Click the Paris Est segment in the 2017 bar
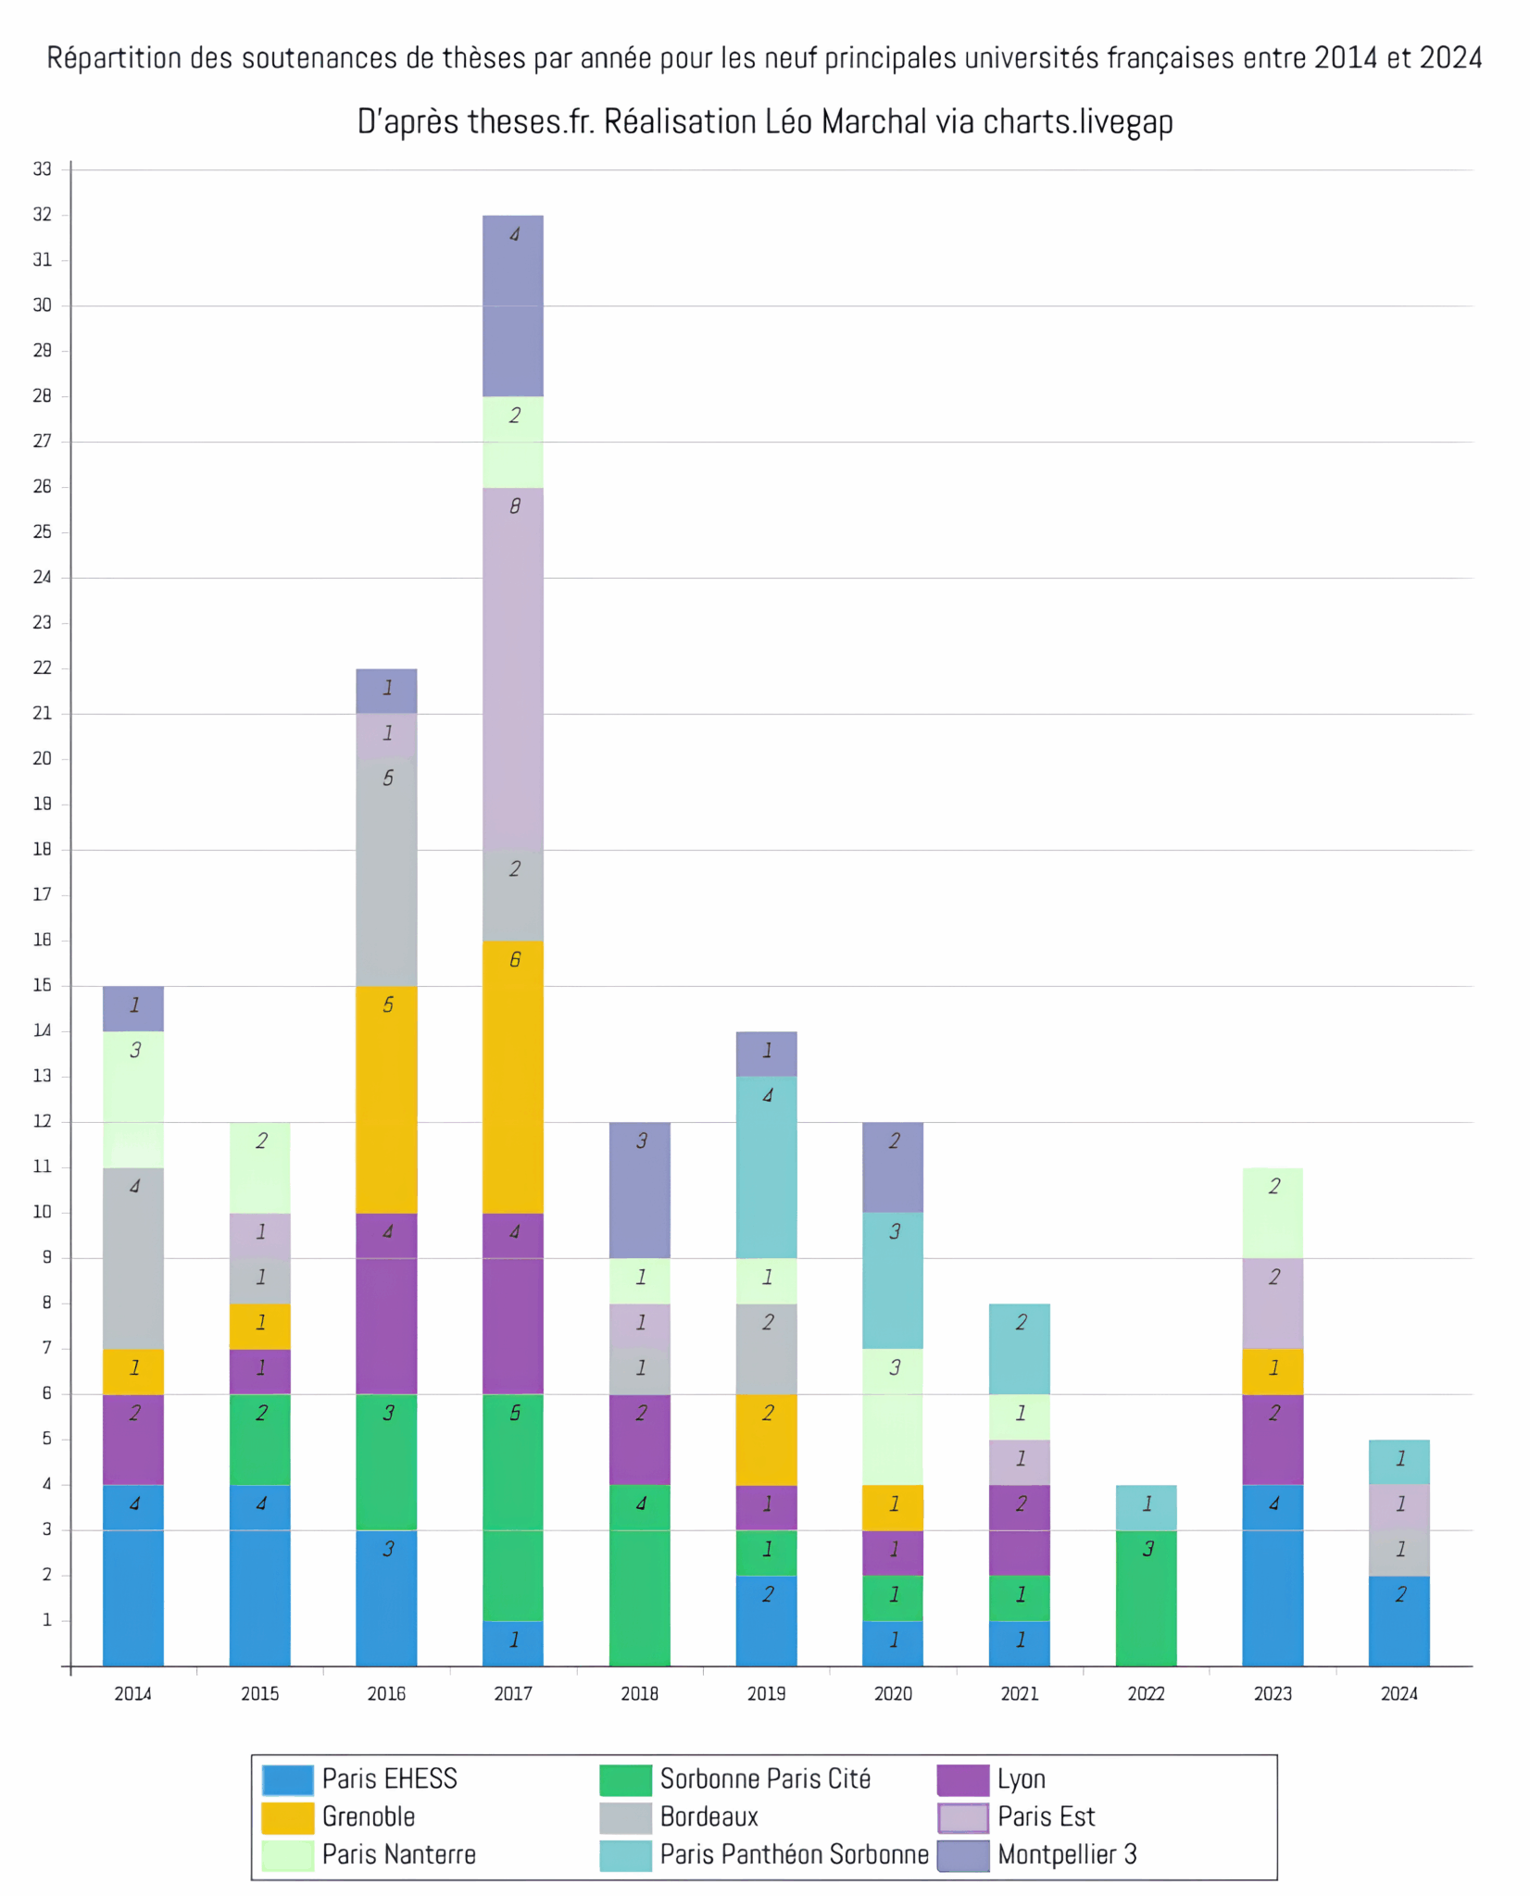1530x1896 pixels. point(512,668)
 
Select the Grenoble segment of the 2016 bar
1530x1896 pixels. point(386,1099)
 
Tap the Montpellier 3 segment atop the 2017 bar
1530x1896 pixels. point(512,306)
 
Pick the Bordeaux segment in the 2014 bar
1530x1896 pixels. point(133,1257)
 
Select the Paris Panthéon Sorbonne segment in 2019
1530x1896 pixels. point(766,1166)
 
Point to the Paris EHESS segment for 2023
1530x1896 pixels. point(1273,1575)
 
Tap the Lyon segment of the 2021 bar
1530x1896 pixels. point(1019,1529)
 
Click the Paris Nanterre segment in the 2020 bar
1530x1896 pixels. point(893,1416)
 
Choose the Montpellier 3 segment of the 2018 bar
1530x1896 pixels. point(639,1190)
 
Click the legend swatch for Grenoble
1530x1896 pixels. point(287,1816)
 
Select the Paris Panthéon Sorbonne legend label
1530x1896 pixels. point(794,1854)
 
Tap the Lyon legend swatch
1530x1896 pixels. point(962,1778)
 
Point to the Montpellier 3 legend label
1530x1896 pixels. point(1067,1854)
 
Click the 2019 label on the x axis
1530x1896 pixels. point(766,1693)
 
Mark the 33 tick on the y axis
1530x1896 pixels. point(43,168)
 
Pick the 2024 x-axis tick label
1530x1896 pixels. point(1398,1693)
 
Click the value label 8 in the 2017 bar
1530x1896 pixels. point(515,505)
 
